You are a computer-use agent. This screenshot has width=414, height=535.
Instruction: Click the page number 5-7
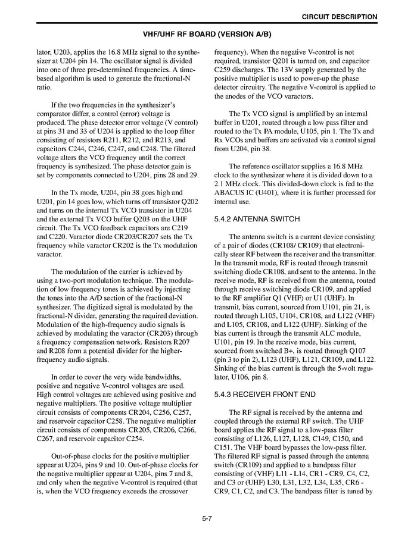pos(207,519)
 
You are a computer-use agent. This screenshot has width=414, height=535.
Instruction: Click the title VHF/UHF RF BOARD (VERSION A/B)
pos(206,34)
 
